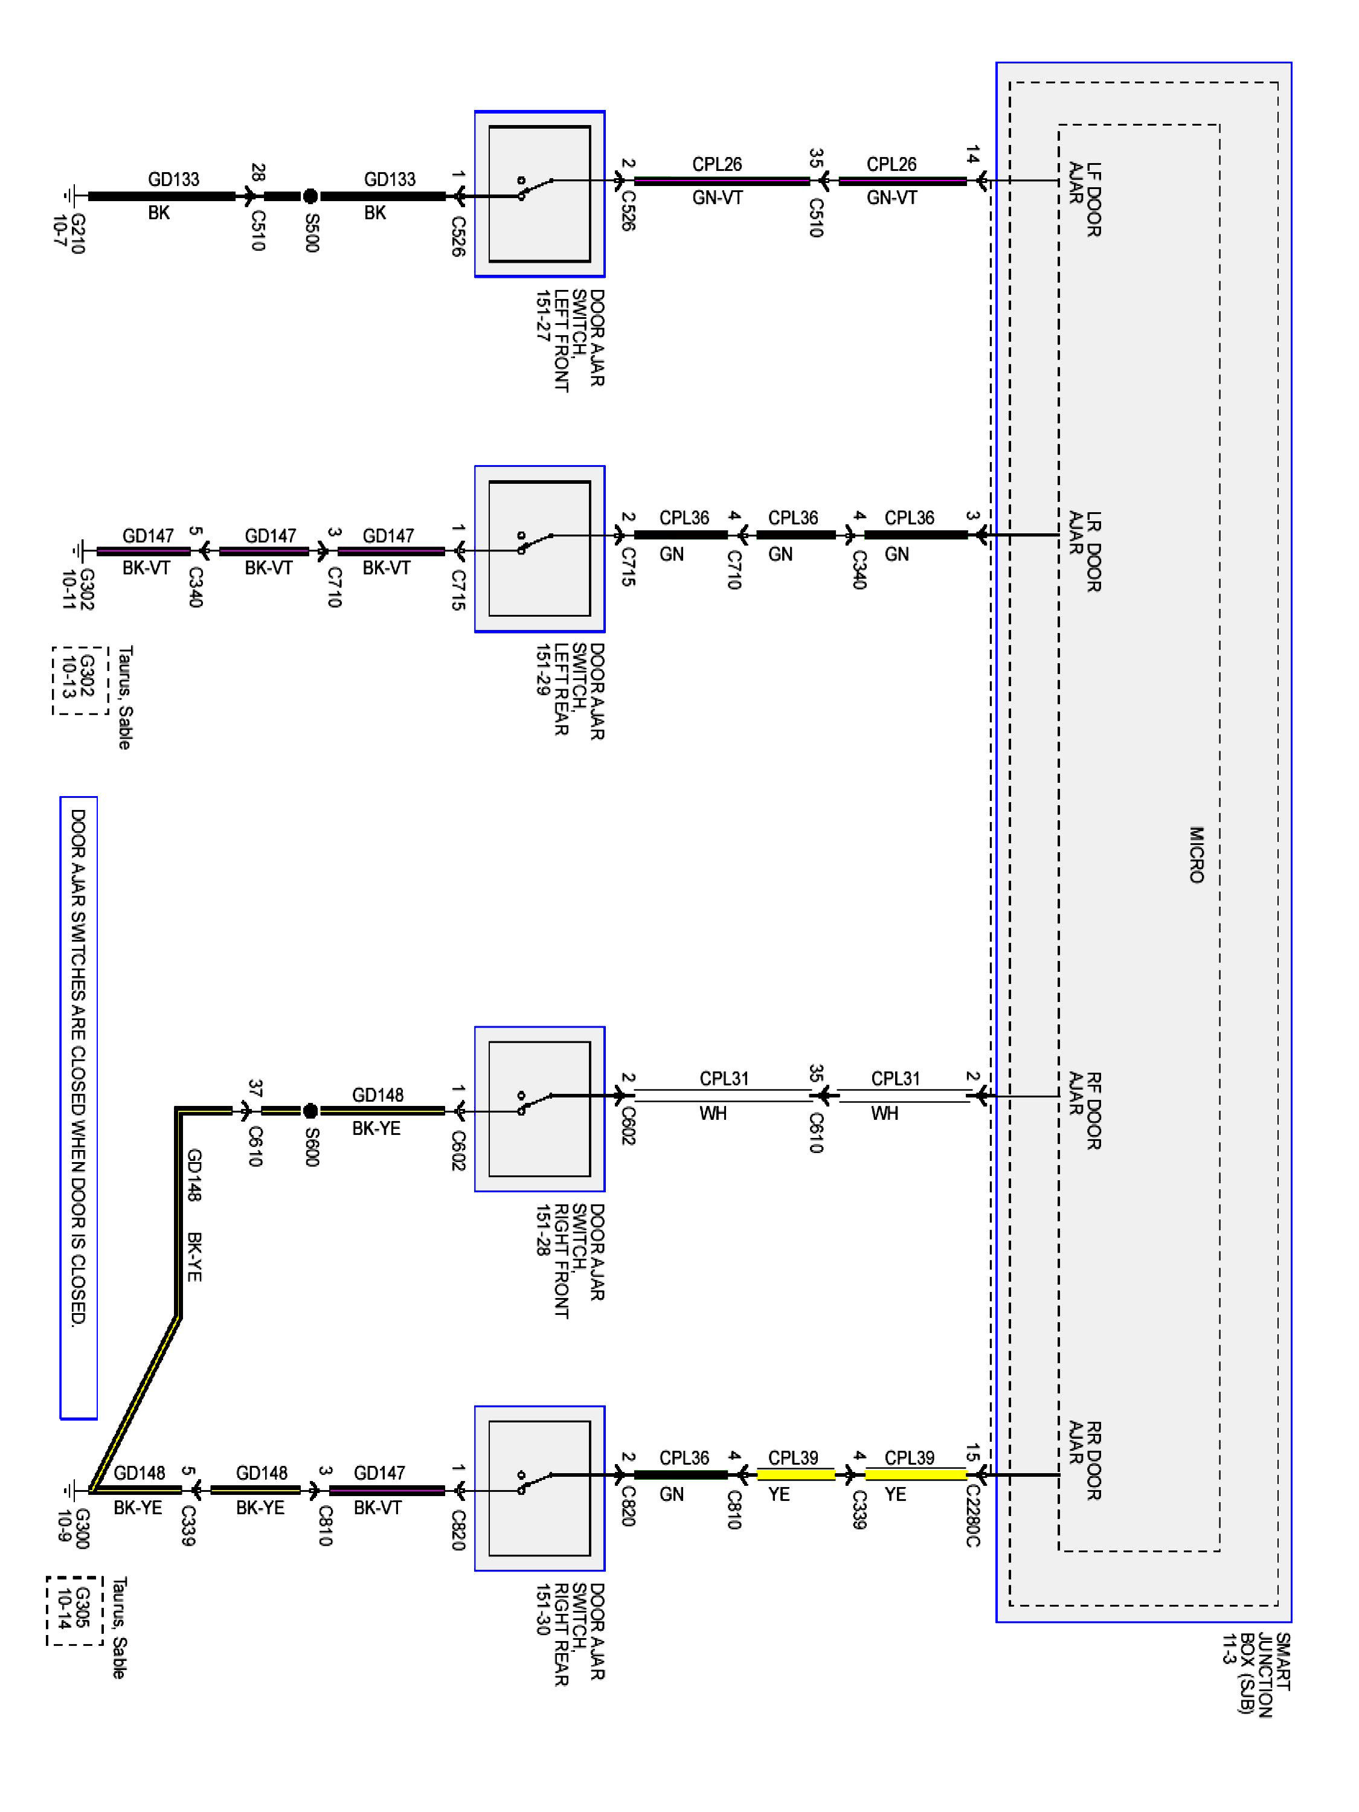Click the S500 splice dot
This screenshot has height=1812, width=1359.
point(310,196)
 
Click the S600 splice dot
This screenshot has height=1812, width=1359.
point(310,1111)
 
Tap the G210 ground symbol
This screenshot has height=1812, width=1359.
point(72,196)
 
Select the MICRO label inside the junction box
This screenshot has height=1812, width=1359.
point(1196,855)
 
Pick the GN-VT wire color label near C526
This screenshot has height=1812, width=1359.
point(717,198)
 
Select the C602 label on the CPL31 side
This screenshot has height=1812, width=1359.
point(628,1125)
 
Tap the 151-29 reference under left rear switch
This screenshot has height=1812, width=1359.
point(542,669)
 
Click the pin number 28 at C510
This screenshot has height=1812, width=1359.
point(257,172)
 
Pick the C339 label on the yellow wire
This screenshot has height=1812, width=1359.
point(858,1509)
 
